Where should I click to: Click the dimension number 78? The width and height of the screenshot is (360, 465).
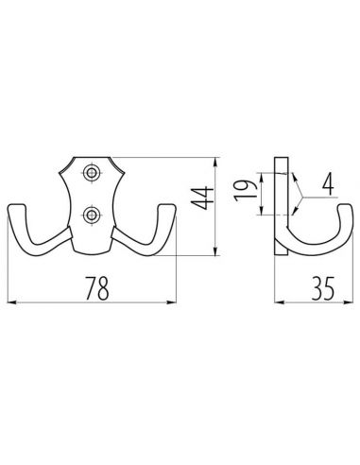(x=91, y=287)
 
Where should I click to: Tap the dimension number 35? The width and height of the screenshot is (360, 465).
(x=316, y=287)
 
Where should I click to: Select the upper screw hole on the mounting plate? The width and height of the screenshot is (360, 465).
(x=92, y=173)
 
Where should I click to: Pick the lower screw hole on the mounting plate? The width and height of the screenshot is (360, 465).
(x=92, y=216)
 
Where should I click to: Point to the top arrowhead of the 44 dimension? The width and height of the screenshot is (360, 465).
(x=220, y=157)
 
